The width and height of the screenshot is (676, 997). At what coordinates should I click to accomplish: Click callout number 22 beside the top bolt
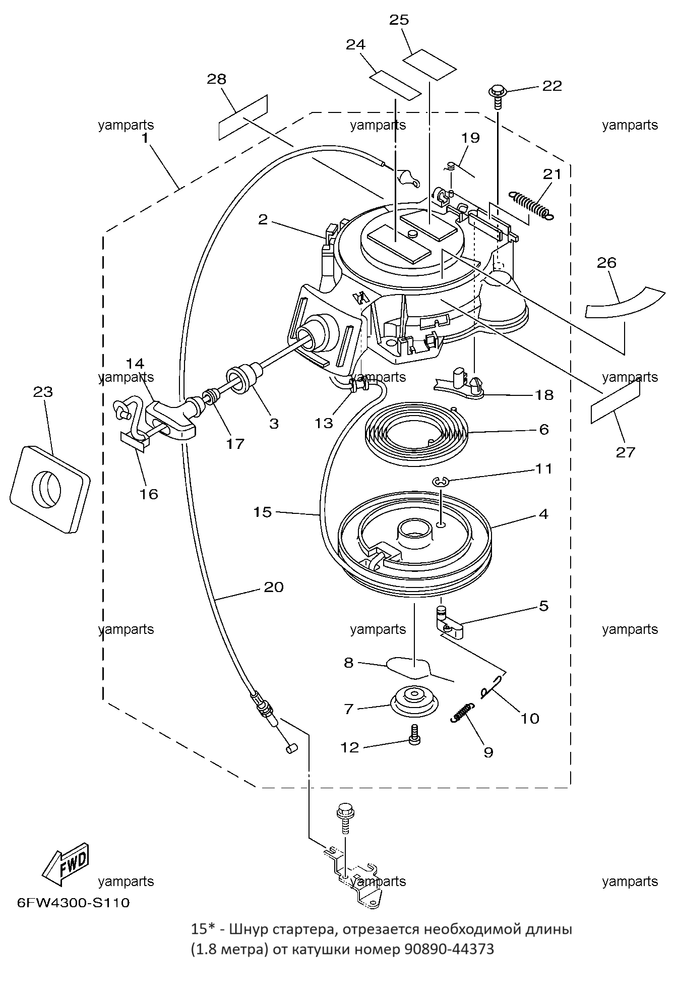point(551,86)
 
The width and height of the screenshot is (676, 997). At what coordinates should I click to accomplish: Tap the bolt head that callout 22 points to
point(497,92)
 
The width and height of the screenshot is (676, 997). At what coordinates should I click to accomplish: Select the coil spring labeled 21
point(531,205)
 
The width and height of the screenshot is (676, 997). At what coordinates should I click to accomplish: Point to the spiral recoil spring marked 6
point(417,431)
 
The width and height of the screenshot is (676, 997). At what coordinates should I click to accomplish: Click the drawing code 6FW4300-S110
point(73,902)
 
